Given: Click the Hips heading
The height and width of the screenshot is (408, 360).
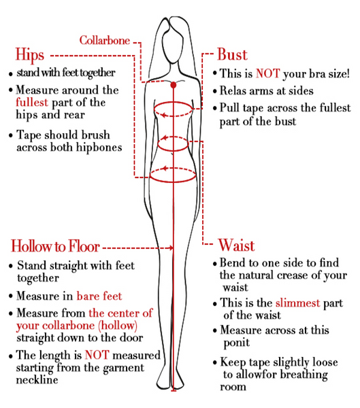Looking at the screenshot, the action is click(x=30, y=55).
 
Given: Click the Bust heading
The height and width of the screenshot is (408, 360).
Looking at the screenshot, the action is click(x=232, y=54).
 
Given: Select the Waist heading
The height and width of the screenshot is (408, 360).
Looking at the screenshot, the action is click(x=236, y=245).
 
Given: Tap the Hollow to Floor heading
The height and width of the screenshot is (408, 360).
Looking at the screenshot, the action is click(x=55, y=246).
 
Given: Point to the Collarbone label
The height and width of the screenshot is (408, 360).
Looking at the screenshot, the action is click(x=105, y=41).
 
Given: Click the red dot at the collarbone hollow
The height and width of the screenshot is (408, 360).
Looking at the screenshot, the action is click(x=174, y=85).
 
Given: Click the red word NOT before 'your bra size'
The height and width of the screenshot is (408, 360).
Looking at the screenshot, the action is click(x=267, y=73).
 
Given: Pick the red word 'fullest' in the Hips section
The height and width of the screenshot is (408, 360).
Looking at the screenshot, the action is click(x=32, y=102).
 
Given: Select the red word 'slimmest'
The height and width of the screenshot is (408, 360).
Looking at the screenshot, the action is click(x=297, y=303).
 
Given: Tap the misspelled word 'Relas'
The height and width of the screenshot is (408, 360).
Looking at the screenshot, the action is click(x=233, y=91).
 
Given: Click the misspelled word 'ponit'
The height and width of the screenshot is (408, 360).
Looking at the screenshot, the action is click(x=237, y=343).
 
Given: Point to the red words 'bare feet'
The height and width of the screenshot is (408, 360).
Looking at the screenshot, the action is click(x=99, y=296).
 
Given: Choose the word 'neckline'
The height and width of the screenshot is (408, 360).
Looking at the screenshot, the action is click(x=37, y=380).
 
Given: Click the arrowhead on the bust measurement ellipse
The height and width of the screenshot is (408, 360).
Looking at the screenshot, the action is click(x=163, y=115).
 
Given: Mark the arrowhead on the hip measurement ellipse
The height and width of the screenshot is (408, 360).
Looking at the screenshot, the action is click(x=165, y=169).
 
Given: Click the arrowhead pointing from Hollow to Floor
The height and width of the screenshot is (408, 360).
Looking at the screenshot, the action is click(x=171, y=248).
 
